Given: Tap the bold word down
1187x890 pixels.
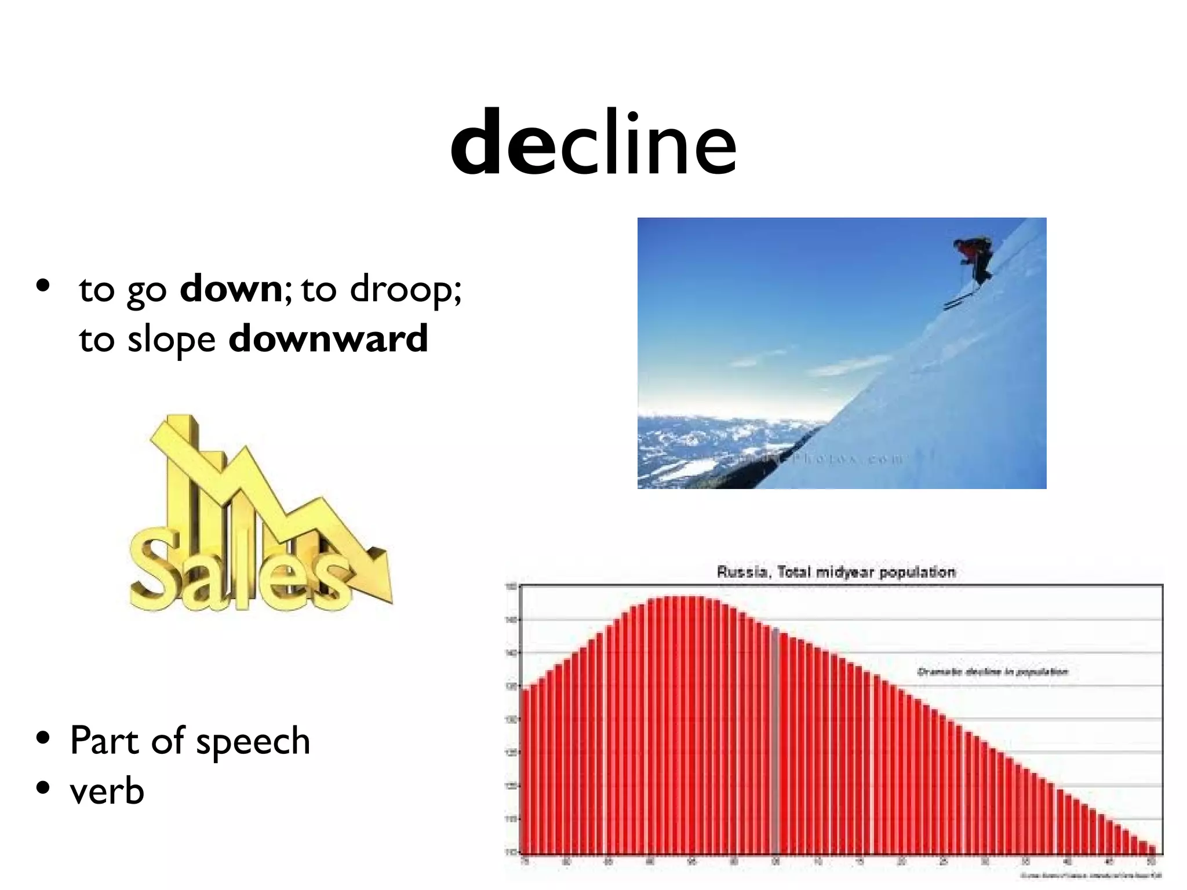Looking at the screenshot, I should [230, 289].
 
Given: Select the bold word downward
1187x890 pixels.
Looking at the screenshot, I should [328, 338].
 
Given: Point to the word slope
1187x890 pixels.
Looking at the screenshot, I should [172, 340].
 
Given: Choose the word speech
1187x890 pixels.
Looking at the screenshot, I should [253, 742].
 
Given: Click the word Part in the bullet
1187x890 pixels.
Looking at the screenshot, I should [104, 741].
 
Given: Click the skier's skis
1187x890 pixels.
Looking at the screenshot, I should [959, 300].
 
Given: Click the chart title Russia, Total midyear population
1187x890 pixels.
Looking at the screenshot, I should [836, 572].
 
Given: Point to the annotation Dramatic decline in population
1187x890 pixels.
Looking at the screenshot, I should [992, 672].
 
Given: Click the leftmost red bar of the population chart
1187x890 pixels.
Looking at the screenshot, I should [524, 771].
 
